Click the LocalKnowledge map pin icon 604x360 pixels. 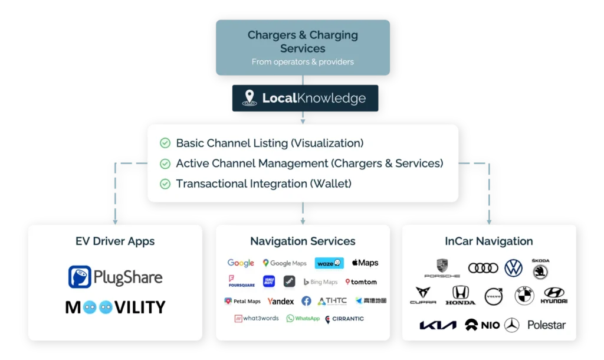(250, 98)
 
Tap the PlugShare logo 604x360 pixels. (115, 277)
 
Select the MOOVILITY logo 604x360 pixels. (115, 307)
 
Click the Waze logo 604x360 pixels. (329, 263)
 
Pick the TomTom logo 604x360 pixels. (361, 282)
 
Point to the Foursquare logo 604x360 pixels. (241, 282)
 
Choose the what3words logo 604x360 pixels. (257, 319)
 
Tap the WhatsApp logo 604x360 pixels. (303, 319)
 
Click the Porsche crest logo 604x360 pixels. (442, 267)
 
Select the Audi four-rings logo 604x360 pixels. (483, 268)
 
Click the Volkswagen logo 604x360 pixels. (513, 268)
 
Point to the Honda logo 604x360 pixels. (460, 295)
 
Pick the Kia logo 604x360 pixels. (438, 325)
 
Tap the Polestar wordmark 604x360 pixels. (546, 325)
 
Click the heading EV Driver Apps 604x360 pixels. (115, 241)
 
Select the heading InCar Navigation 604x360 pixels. (488, 241)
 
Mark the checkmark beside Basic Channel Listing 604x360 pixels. (165, 143)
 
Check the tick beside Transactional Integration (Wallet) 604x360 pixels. (165, 184)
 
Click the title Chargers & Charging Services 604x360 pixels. (303, 41)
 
